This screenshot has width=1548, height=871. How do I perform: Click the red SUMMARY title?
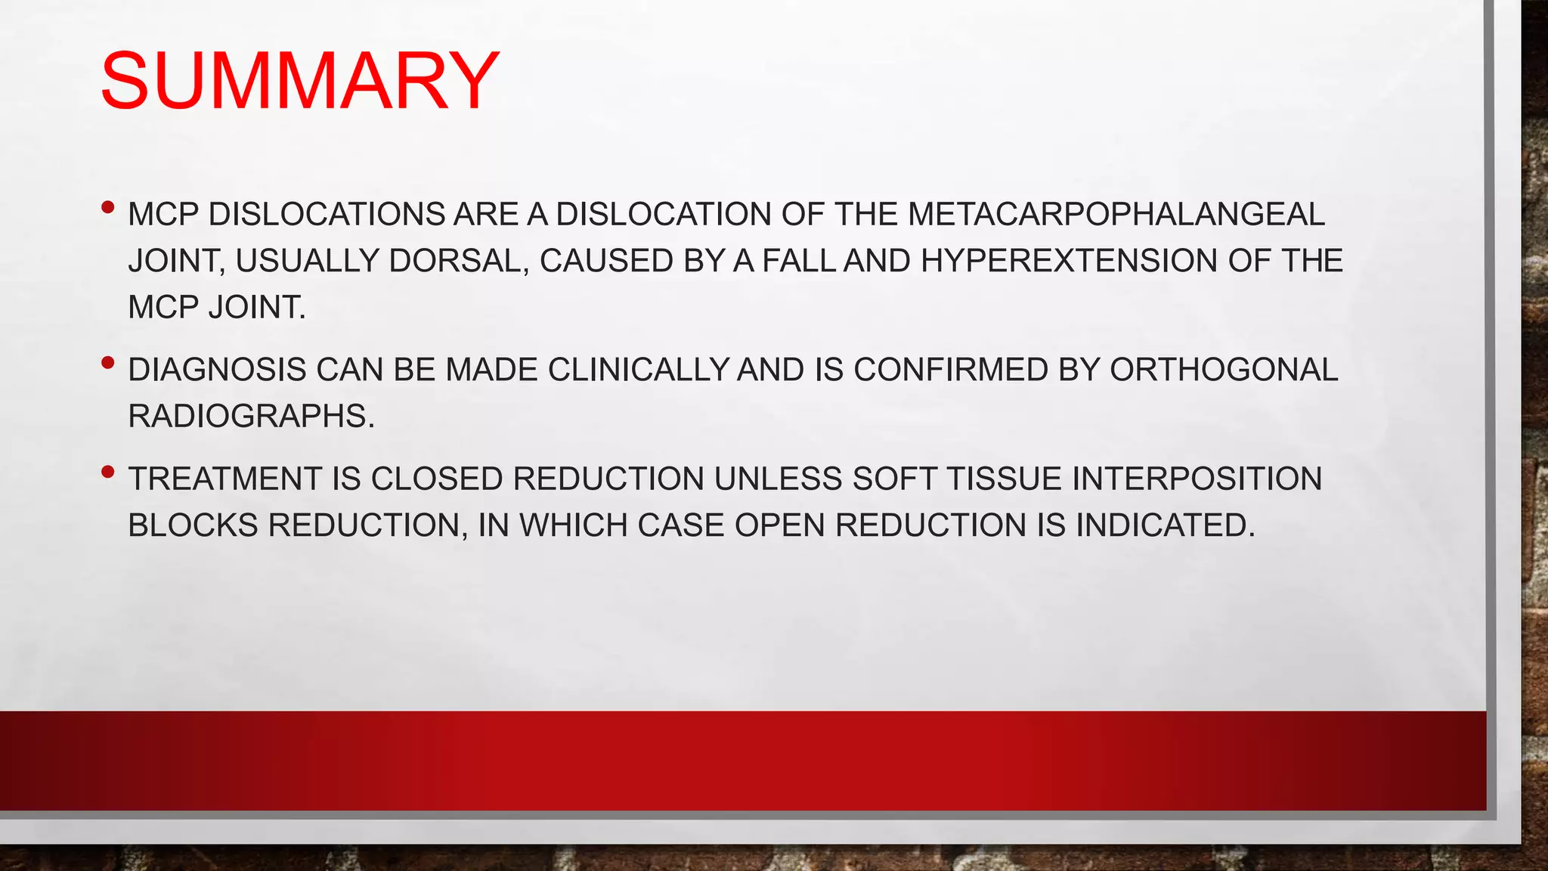(299, 81)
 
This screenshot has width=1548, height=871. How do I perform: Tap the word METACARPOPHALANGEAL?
(1116, 215)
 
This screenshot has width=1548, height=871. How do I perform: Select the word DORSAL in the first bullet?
(458, 261)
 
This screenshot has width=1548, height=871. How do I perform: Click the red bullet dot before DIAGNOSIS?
(107, 364)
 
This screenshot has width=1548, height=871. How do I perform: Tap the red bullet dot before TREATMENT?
(107, 473)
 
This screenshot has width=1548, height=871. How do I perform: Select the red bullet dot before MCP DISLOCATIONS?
(107, 206)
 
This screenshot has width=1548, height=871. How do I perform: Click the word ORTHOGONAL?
(1223, 370)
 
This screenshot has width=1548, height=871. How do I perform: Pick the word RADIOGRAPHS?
(251, 417)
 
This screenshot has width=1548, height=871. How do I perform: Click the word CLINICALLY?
(638, 370)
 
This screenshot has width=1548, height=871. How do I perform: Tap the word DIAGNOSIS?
(217, 370)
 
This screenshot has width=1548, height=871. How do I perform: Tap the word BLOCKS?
(193, 525)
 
